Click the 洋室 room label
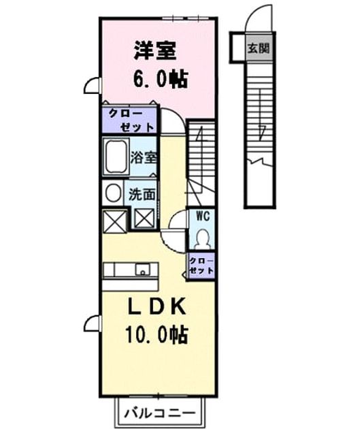[154, 51]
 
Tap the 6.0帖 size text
[161, 79]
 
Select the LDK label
[157, 306]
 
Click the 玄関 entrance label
[259, 48]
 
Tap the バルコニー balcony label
[160, 413]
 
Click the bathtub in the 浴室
[116, 156]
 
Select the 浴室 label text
[143, 157]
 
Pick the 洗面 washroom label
[142, 194]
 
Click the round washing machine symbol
[113, 193]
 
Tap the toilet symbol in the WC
[203, 239]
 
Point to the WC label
[203, 217]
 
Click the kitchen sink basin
[143, 270]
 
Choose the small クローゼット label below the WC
[201, 266]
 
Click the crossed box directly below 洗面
[144, 217]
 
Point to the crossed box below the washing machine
[114, 221]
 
